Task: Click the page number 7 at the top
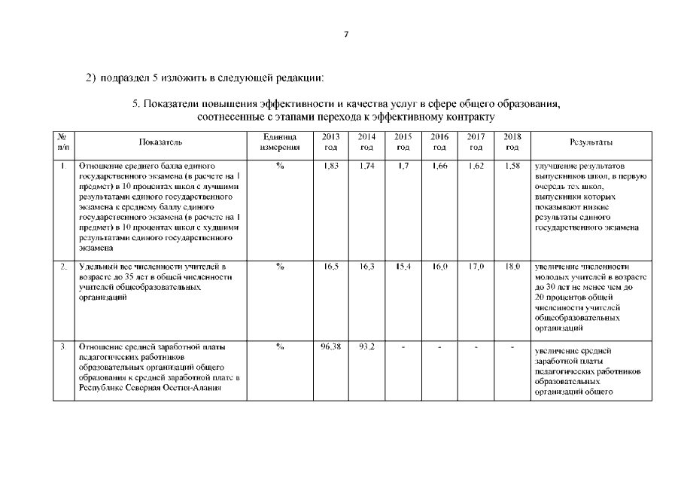point(345,33)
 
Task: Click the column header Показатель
point(160,141)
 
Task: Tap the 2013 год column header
point(330,141)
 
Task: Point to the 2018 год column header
point(512,141)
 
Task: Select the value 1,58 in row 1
point(512,165)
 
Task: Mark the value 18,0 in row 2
point(512,267)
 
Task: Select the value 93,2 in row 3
point(367,346)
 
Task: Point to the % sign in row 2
point(279,267)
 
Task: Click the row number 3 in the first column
point(64,346)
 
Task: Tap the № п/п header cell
point(64,141)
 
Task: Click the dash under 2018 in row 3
point(512,347)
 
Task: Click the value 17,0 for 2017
point(476,267)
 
